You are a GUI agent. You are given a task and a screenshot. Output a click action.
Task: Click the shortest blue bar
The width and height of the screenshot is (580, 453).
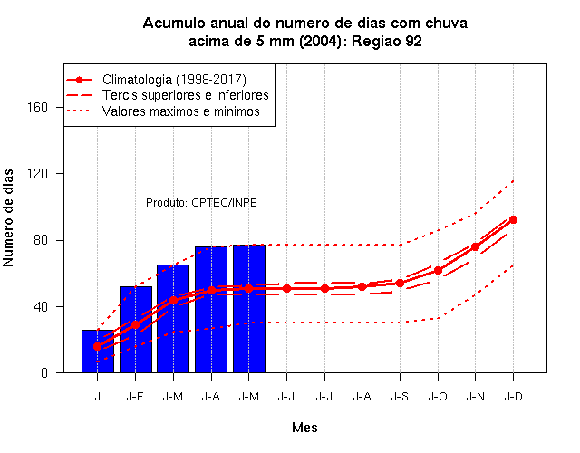click(98, 351)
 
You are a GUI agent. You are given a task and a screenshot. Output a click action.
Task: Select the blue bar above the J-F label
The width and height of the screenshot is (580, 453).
click(136, 330)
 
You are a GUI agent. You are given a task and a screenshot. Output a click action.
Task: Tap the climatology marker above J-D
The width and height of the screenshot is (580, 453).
click(513, 219)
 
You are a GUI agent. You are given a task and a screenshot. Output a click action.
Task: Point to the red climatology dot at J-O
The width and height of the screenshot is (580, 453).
click(438, 270)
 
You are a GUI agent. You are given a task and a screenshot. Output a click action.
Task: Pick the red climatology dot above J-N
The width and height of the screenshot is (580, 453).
click(475, 246)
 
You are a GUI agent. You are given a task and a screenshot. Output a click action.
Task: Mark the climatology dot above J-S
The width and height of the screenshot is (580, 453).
click(400, 283)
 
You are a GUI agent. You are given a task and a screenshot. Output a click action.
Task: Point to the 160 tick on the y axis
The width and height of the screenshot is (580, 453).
click(38, 107)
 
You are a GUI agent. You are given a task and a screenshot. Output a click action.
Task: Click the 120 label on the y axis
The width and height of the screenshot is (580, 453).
click(38, 173)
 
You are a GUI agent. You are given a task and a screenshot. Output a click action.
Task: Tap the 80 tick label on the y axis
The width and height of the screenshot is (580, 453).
click(41, 240)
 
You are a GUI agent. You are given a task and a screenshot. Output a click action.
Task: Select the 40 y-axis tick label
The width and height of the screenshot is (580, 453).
click(41, 306)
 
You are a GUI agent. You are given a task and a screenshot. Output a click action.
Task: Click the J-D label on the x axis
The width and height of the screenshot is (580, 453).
click(514, 397)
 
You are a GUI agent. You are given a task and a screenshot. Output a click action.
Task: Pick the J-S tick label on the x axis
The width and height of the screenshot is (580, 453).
click(400, 397)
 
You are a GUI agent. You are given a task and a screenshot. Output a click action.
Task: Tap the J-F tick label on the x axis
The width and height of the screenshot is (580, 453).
click(135, 397)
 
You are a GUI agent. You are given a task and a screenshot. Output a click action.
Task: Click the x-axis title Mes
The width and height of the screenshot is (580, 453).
click(304, 428)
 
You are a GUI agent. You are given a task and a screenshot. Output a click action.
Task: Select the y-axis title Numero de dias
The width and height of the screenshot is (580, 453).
click(8, 217)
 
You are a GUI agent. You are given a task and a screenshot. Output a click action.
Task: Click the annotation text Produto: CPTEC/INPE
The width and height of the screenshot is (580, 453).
click(201, 203)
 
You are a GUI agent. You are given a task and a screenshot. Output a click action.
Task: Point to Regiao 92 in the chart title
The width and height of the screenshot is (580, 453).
click(387, 41)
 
